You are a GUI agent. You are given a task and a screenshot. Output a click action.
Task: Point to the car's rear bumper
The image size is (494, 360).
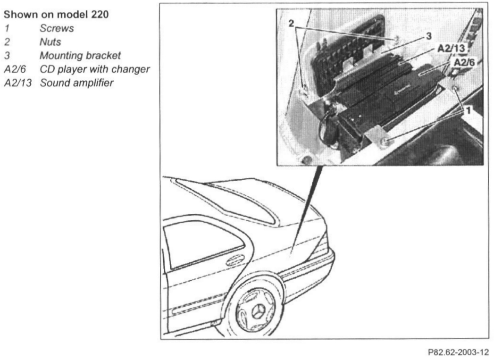coord(311,269)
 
